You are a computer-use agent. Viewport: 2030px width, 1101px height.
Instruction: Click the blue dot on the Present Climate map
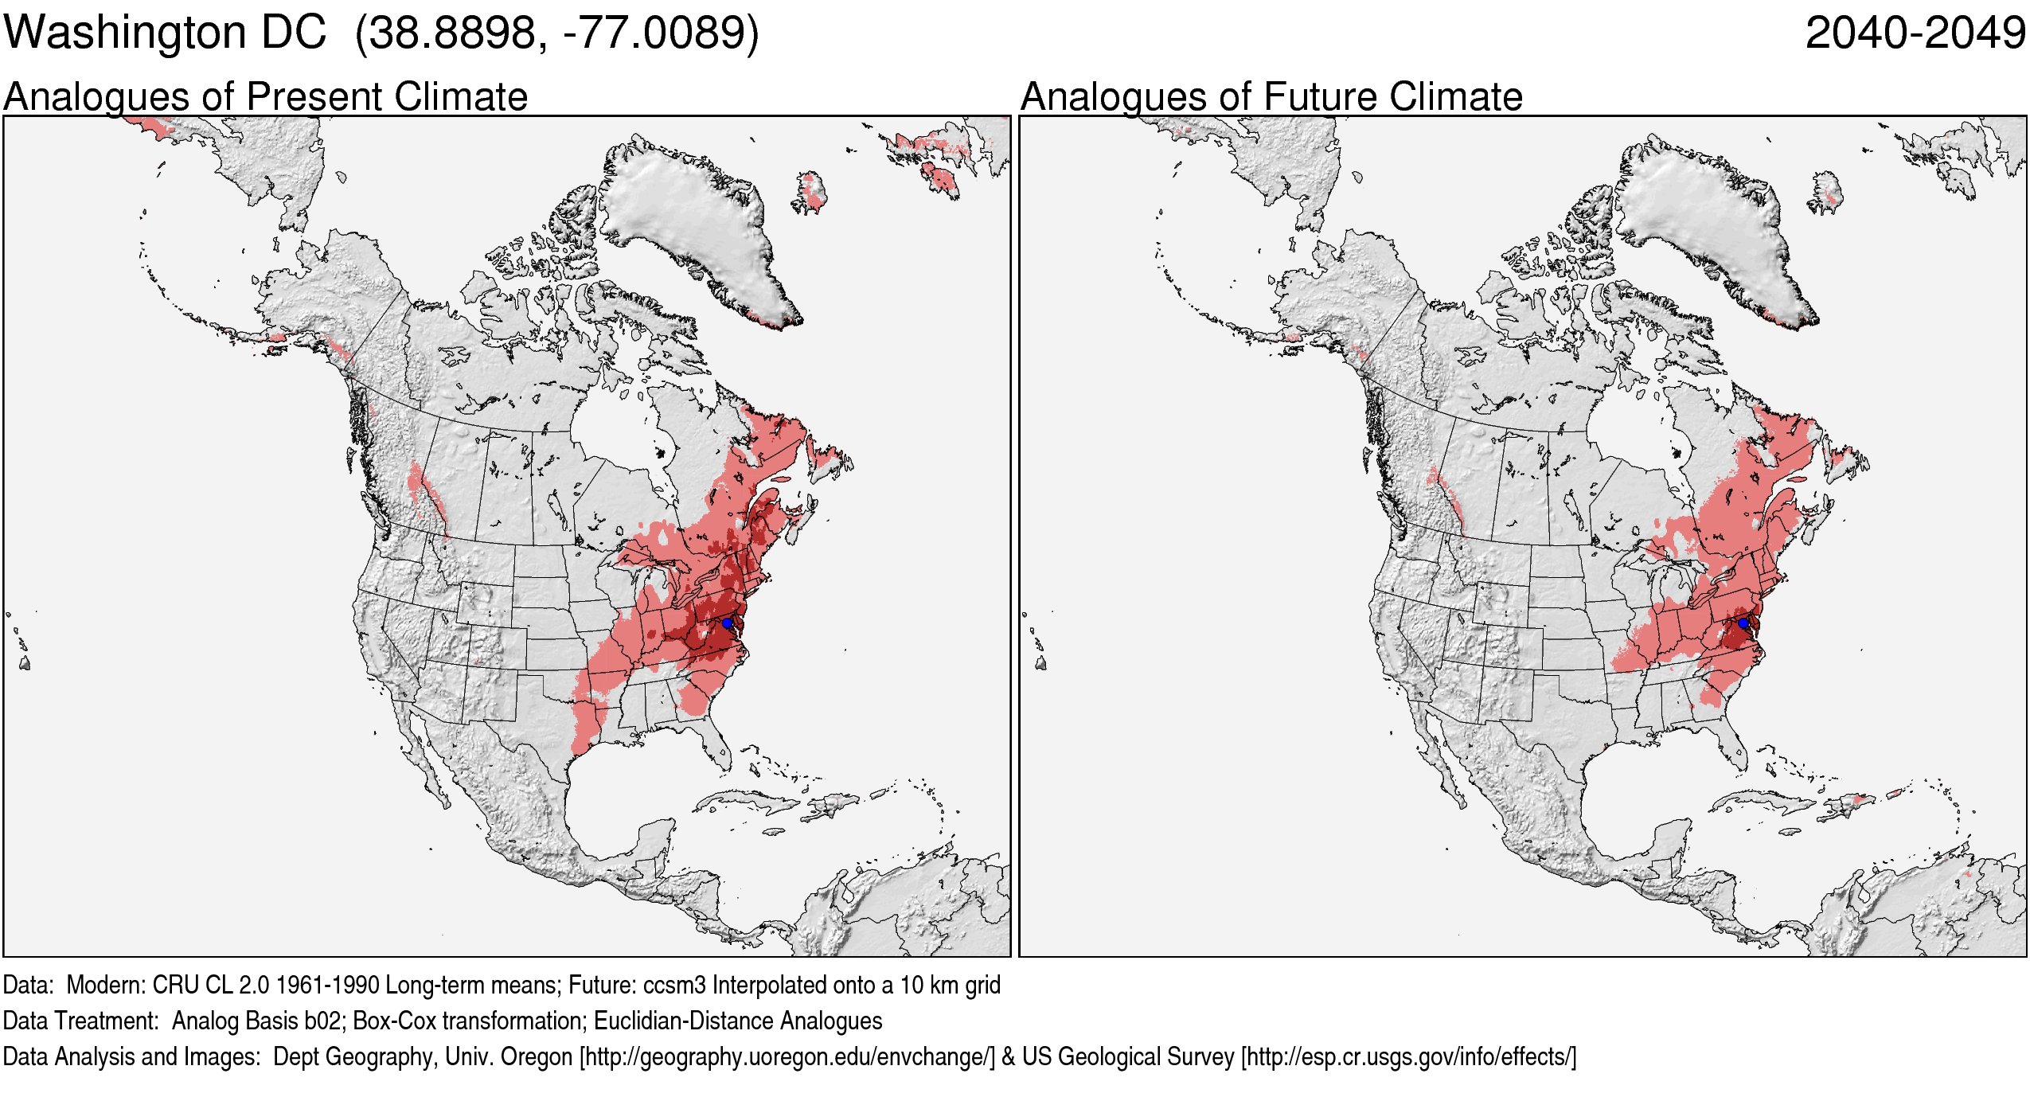point(726,623)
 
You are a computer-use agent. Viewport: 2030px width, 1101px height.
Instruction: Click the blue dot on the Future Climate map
point(1743,623)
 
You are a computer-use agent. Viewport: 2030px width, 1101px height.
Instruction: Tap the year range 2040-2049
point(1915,33)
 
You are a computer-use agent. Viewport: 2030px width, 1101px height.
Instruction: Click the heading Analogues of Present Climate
point(265,97)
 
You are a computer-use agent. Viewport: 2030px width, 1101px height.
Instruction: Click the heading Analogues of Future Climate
point(1271,97)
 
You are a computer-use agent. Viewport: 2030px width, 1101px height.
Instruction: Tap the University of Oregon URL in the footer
point(787,1057)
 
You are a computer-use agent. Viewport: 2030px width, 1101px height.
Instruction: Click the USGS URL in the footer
point(1408,1057)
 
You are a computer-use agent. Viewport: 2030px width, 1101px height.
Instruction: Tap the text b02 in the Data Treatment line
point(326,1021)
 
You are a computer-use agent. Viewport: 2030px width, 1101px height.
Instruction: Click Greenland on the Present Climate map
point(693,215)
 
